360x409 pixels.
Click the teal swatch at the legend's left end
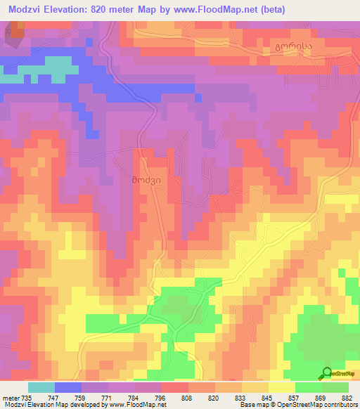41,387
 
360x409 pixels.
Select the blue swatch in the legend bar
68,387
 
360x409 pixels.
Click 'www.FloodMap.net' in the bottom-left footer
134,405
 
